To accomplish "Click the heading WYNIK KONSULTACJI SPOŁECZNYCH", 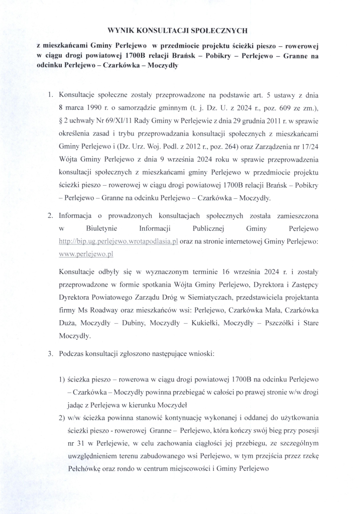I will tap(179, 31).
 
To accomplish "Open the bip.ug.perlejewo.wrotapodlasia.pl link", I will tap(118, 241).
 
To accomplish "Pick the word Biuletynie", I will tap(98, 228).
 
